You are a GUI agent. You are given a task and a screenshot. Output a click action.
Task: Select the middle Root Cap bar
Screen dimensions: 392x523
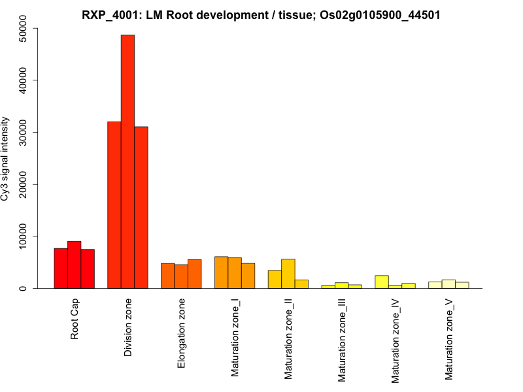point(74,265)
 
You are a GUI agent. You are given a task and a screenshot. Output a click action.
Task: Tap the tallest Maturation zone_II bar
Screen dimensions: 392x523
point(288,274)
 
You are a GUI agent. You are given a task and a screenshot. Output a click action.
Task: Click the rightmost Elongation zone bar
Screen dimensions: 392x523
point(194,274)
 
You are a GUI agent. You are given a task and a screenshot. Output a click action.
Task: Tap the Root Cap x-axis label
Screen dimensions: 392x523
point(75,319)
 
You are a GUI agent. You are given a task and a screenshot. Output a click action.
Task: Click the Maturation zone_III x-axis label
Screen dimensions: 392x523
point(342,340)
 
